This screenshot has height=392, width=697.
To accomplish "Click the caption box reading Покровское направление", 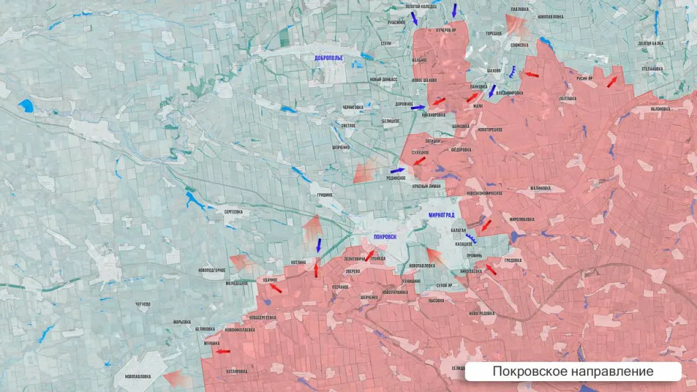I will pyautogui.click(x=572, y=372).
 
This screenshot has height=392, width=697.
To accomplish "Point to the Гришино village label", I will pyautogui.click(x=324, y=195).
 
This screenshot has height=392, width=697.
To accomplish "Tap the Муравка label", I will pyautogui.click(x=211, y=344).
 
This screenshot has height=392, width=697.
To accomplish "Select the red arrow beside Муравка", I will pyautogui.click(x=223, y=351).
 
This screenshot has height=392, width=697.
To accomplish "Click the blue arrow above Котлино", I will pyautogui.click(x=319, y=244).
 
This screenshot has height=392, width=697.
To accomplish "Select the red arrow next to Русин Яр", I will pyautogui.click(x=613, y=81).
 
